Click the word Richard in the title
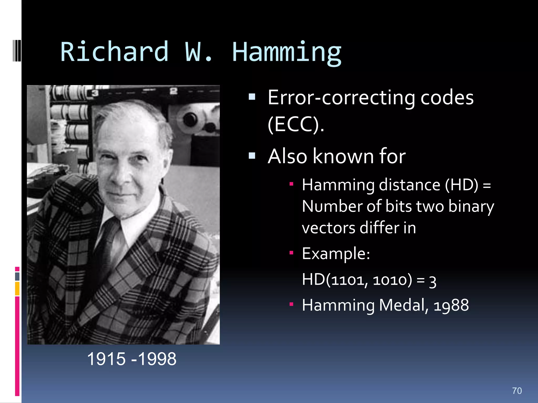tap(114, 52)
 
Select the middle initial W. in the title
tap(199, 52)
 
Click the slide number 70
tap(517, 391)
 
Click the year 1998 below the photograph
tap(157, 359)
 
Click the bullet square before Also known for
tap(252, 156)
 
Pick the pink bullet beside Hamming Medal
tap(291, 304)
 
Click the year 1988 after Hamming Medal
tap(451, 305)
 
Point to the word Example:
tap(336, 254)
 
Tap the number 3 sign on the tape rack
tap(95, 93)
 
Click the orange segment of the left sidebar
tap(17, 288)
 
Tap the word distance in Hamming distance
tap(410, 185)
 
